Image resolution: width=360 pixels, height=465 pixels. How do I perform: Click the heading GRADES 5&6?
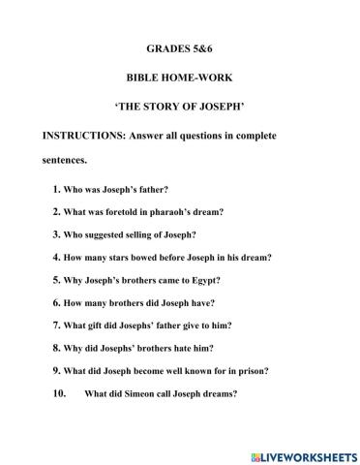tap(180, 46)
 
